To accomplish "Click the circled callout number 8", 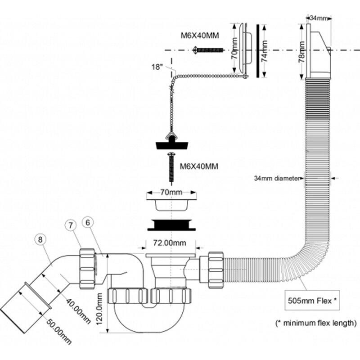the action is tap(40, 240).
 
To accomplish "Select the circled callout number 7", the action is tap(70, 225).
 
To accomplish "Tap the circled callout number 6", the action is tap(88, 222).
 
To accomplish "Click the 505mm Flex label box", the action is tap(312, 300).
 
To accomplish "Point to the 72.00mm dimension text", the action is tap(170, 243).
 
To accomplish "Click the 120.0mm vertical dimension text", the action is tap(99, 309).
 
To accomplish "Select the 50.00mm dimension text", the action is tap(59, 331).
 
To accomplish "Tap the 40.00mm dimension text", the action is tap(78, 311).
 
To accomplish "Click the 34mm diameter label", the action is tap(277, 178).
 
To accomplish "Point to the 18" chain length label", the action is tap(157, 67).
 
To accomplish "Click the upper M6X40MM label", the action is tap(200, 36).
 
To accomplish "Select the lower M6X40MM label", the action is tap(199, 166).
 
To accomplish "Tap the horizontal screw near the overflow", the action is tap(208, 49).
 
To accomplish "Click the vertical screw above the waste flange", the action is tap(171, 166).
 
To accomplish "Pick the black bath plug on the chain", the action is tap(172, 143).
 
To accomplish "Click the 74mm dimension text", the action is tap(265, 51).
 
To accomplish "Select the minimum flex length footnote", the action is tap(316, 323).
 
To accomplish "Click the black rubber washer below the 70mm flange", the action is tap(171, 225).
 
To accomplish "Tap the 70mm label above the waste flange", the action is tap(171, 193).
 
